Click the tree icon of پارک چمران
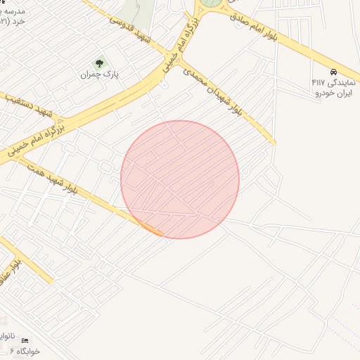pos(98,63)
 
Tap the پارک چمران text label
pos(98,73)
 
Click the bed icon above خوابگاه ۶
pos(26,340)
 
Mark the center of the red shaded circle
pos(180,179)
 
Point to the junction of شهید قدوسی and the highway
pos(167,55)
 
